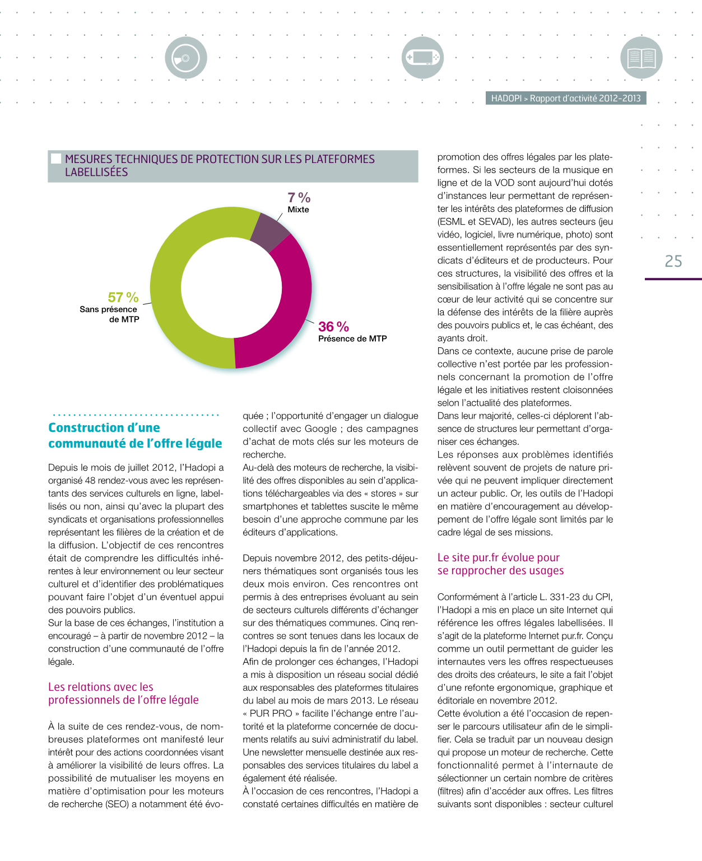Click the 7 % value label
299,198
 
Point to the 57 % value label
123,297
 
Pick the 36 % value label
333,327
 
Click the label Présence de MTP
352,338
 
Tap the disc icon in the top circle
186,57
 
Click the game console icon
422,57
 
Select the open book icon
641,57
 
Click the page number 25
673,262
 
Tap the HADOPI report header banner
566,98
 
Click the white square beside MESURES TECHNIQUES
56,159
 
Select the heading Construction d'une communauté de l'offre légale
135,435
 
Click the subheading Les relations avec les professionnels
123,694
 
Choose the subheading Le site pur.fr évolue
500,564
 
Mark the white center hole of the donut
230,287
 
